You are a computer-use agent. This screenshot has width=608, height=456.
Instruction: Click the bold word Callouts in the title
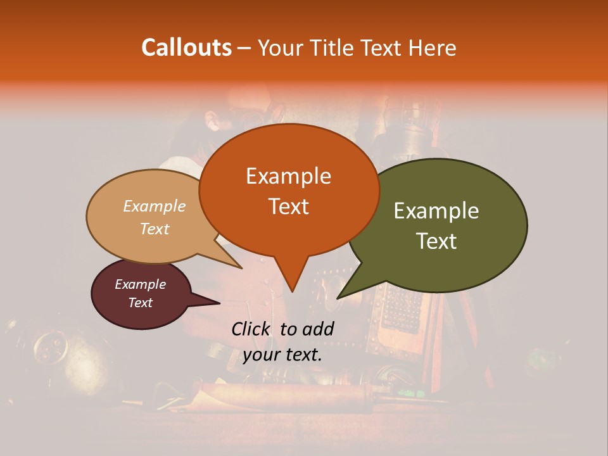point(186,47)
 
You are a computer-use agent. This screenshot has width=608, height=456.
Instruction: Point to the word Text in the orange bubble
point(288,206)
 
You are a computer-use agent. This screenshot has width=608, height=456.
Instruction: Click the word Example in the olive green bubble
point(436,211)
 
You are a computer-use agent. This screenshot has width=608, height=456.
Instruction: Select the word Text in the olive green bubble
point(436,241)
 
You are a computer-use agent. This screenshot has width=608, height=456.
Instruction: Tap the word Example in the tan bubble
point(154,206)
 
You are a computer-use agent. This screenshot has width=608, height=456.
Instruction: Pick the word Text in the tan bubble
point(154,229)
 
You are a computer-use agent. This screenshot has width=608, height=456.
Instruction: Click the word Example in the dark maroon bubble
point(140,284)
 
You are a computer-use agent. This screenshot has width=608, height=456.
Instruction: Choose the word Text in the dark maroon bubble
point(140,303)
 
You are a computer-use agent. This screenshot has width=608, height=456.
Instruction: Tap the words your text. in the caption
point(282,354)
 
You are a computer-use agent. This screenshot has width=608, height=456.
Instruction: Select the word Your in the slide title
point(280,48)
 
